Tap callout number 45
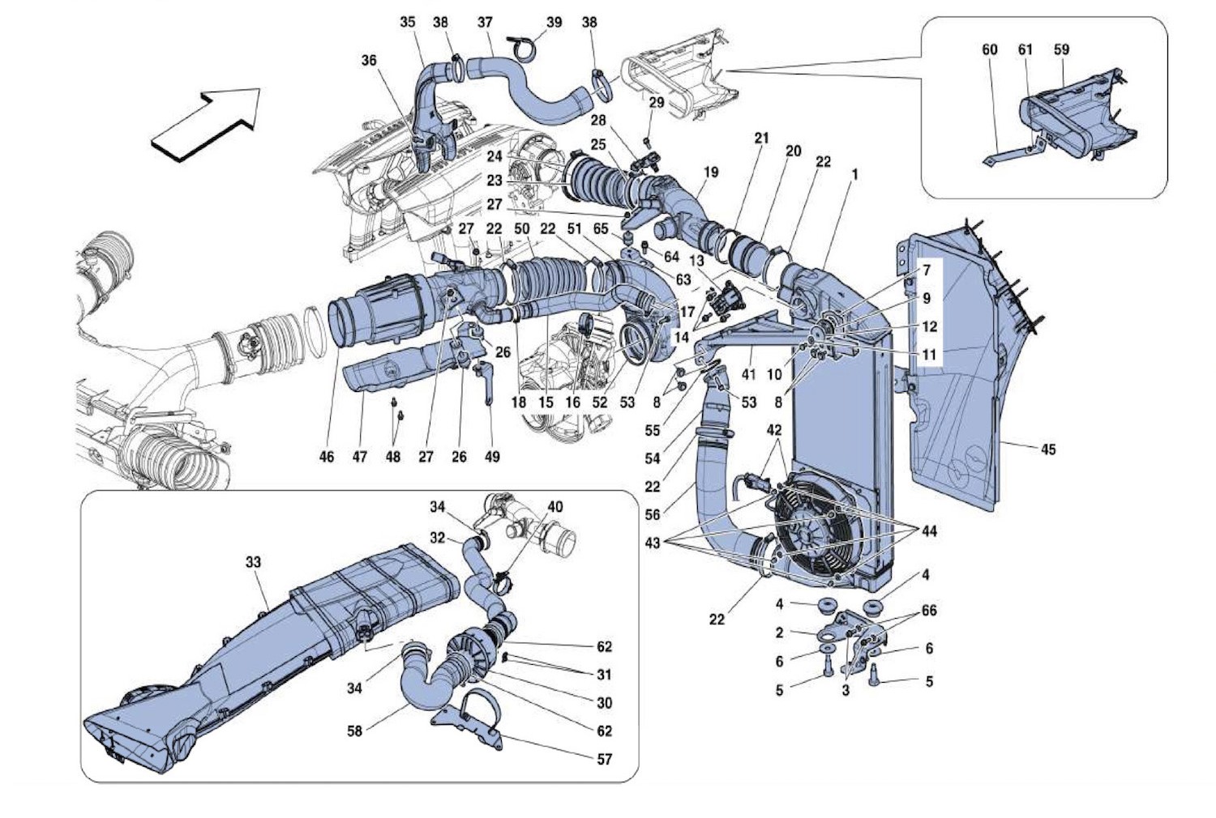point(1047,449)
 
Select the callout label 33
point(253,562)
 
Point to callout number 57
point(604,759)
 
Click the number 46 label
point(327,457)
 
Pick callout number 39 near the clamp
point(554,23)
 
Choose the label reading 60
point(989,50)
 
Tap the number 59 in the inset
point(1061,50)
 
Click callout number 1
point(854,174)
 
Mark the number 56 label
point(653,513)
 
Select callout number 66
point(929,610)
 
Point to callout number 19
point(711,173)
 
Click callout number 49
point(492,457)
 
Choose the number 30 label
point(604,703)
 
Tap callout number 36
point(369,61)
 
